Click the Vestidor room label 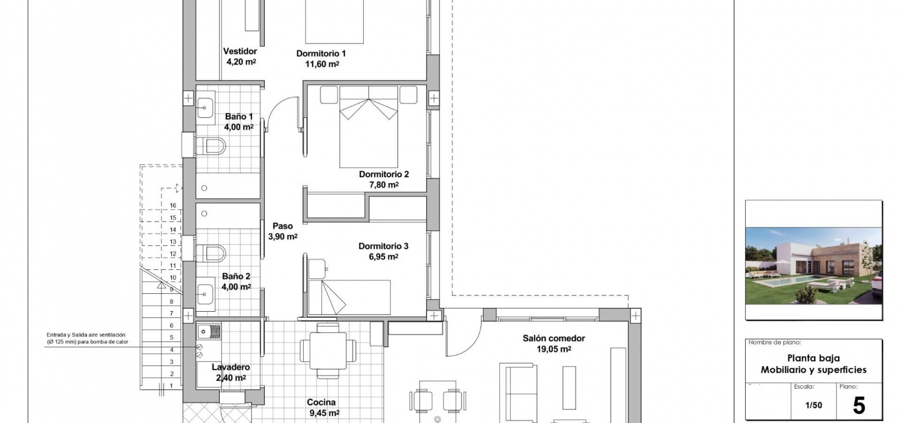click(x=240, y=51)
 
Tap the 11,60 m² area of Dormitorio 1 click(x=322, y=64)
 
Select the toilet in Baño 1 click(x=211, y=146)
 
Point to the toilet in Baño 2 click(x=211, y=253)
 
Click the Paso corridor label click(x=283, y=226)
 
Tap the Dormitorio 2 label click(x=384, y=174)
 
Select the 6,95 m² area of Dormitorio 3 click(x=384, y=257)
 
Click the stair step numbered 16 click(x=173, y=205)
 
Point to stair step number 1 click(x=171, y=386)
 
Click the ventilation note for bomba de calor click(x=87, y=338)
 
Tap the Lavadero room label click(x=231, y=367)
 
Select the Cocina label click(x=321, y=402)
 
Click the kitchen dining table click(x=328, y=351)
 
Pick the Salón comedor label click(x=553, y=338)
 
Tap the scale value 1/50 click(x=813, y=405)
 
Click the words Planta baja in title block click(x=813, y=358)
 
